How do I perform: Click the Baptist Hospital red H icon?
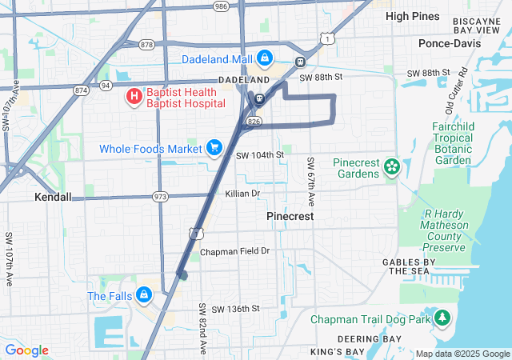pyautogui.click(x=134, y=98)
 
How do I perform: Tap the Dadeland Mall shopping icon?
pyautogui.click(x=264, y=58)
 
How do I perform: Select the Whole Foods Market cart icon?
pyautogui.click(x=214, y=148)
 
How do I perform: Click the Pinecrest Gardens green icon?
pyautogui.click(x=391, y=167)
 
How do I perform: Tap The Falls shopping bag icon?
pyautogui.click(x=143, y=295)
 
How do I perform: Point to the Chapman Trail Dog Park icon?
pyautogui.click(x=442, y=318)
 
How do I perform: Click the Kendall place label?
pyautogui.click(x=53, y=196)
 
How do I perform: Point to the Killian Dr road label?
pyautogui.click(x=242, y=194)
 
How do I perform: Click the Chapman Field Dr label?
pyautogui.click(x=235, y=251)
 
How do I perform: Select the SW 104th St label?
pyautogui.click(x=260, y=154)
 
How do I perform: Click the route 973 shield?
pyautogui.click(x=161, y=196)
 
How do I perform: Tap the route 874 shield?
pyautogui.click(x=80, y=90)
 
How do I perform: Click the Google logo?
pyautogui.click(x=27, y=350)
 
